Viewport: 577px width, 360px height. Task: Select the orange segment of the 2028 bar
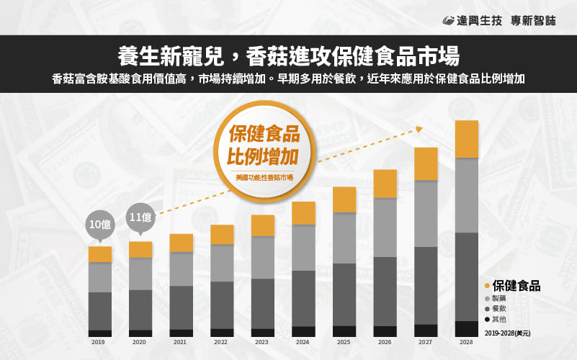click(467, 139)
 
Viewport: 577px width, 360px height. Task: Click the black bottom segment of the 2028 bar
click(467, 329)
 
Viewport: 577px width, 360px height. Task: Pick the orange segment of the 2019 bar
click(100, 254)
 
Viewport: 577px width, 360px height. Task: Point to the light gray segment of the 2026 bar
click(385, 227)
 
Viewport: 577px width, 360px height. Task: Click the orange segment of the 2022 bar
click(222, 235)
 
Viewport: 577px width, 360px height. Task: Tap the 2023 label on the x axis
click(263, 343)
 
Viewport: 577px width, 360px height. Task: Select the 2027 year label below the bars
click(426, 343)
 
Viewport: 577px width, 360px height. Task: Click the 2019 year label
click(100, 343)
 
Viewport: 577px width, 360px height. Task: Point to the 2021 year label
click(182, 343)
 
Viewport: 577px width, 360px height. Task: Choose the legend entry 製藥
click(498, 298)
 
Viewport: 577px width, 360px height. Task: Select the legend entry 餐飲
click(498, 308)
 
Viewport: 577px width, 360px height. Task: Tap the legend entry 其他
click(498, 318)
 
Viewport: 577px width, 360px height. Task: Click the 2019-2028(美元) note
click(508, 333)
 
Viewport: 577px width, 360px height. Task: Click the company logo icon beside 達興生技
click(447, 21)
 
